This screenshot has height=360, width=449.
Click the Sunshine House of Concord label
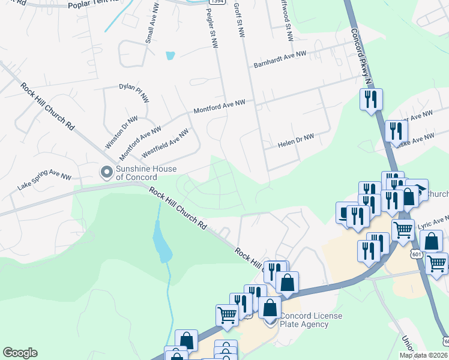tap(137, 173)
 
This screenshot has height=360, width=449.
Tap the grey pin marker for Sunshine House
tap(106, 173)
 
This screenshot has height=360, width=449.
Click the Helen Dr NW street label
tap(296, 141)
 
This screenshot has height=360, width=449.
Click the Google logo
tap(20, 353)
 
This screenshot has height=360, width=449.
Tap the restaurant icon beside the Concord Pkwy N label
tap(371, 98)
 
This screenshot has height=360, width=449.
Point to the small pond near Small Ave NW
tap(170, 56)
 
